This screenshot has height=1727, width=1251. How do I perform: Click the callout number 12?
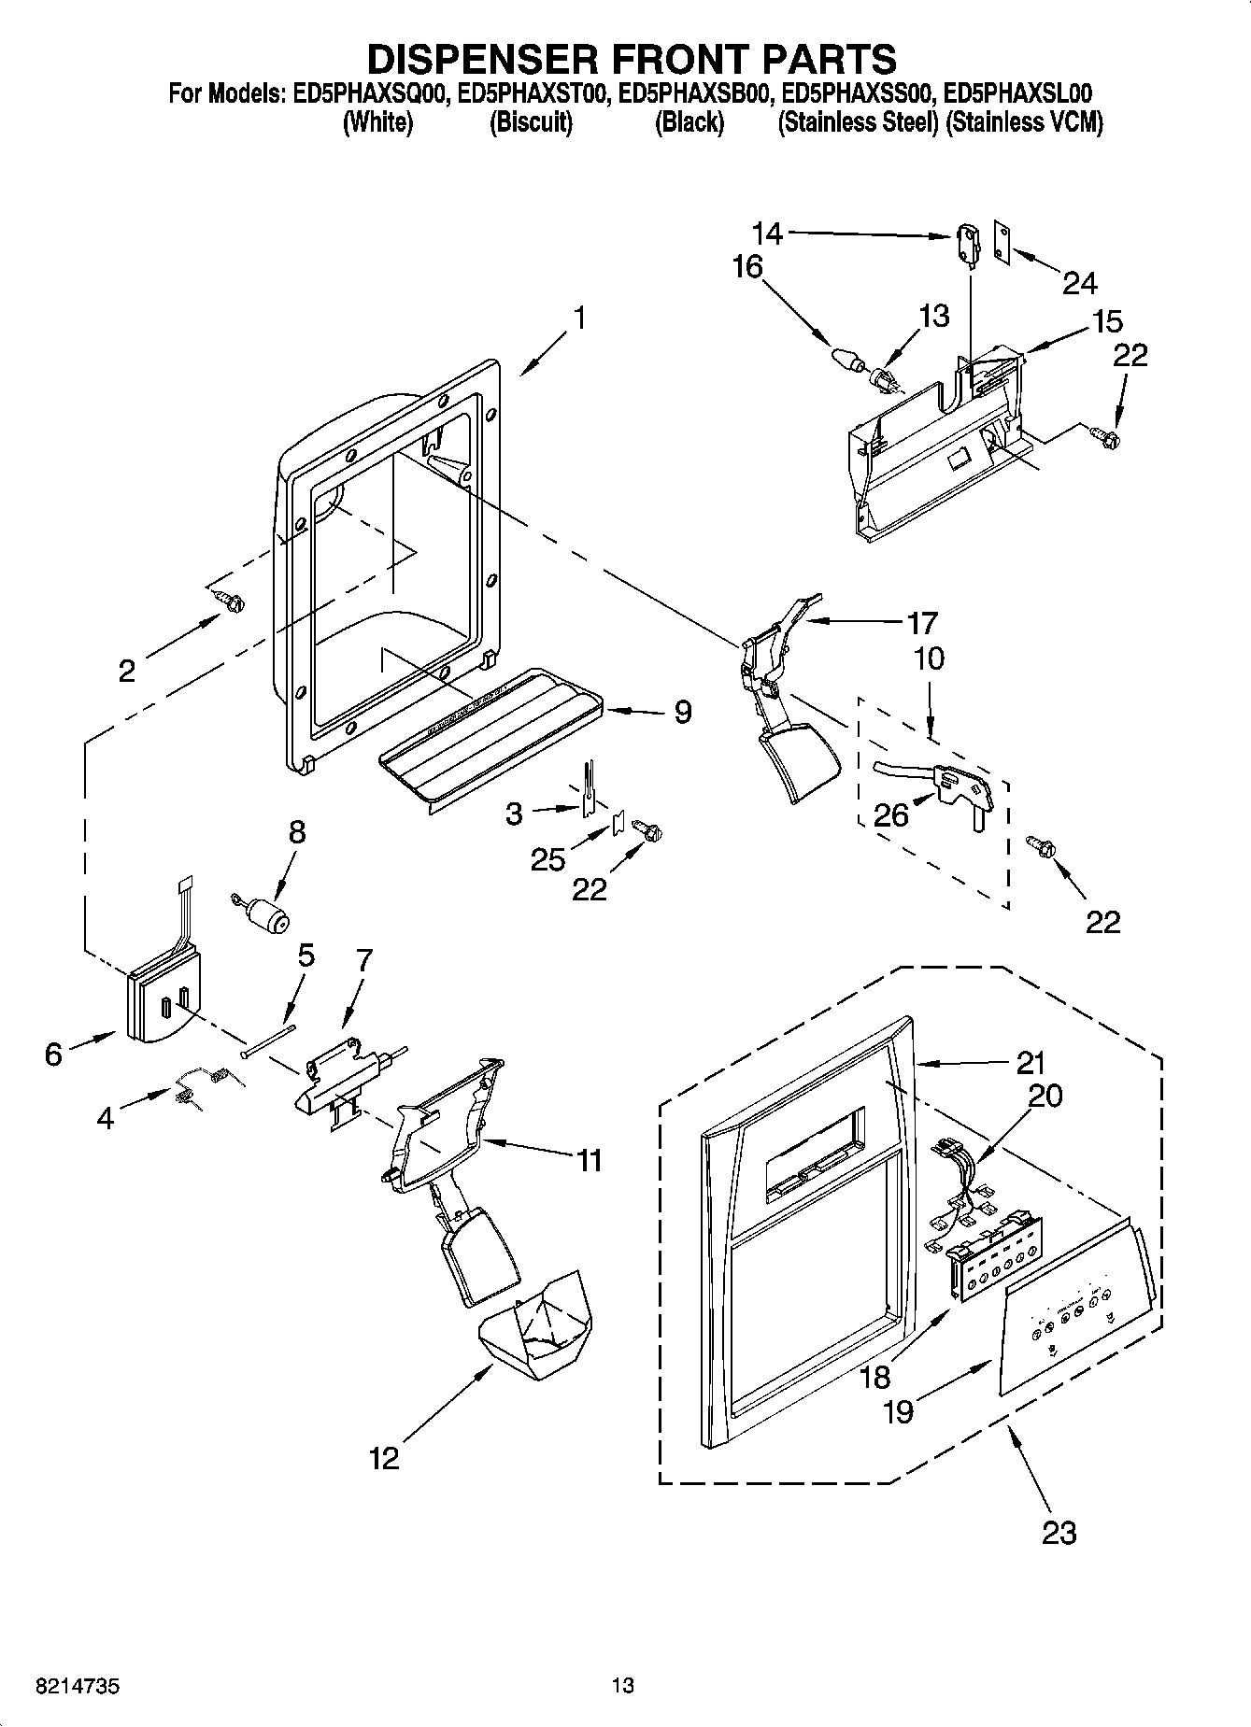point(384,1458)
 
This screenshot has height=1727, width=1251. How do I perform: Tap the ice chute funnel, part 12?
point(533,1327)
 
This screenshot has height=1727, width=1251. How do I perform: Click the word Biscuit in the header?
point(531,122)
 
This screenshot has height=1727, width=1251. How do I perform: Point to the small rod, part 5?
point(267,1040)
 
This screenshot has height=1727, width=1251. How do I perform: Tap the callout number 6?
point(54,1055)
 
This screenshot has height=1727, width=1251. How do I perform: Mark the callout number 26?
point(890,814)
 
